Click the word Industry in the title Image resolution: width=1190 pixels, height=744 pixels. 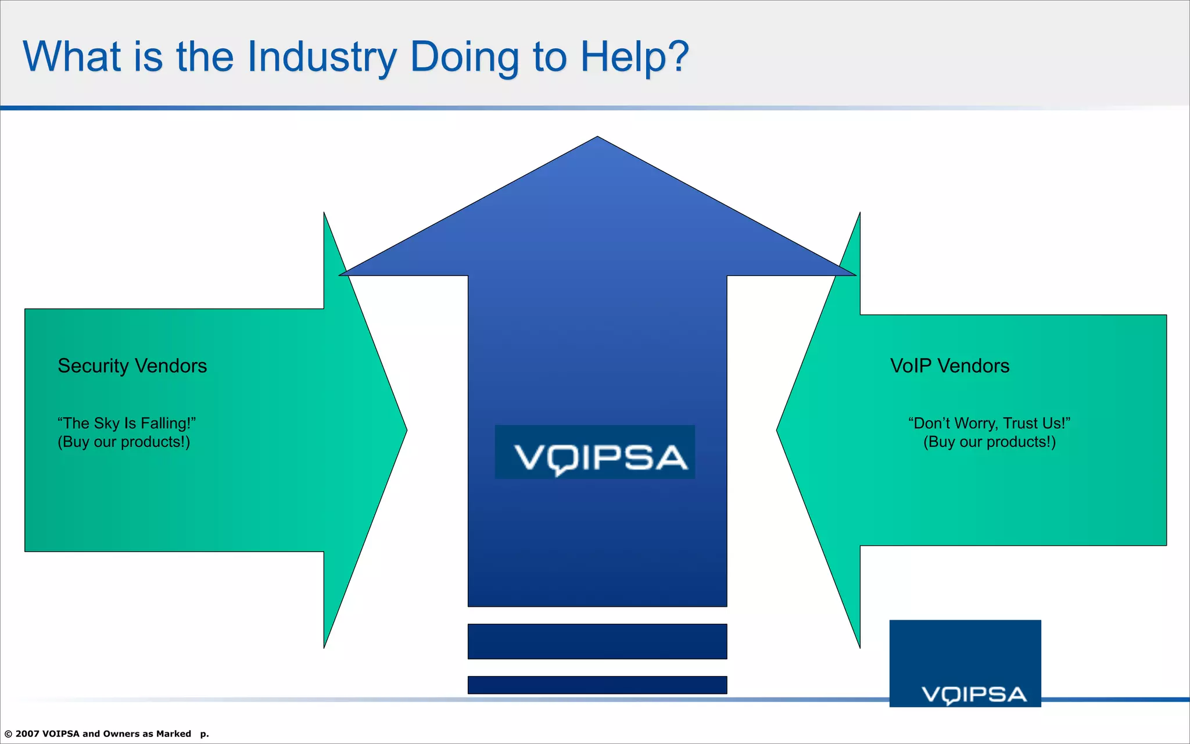[321, 58]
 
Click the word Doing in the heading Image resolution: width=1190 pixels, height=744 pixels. [464, 58]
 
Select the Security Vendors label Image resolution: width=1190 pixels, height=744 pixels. [132, 366]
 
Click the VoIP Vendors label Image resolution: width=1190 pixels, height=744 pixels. [949, 366]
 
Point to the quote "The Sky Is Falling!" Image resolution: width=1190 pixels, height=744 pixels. [127, 423]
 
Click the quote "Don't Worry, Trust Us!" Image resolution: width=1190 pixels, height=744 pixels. [989, 423]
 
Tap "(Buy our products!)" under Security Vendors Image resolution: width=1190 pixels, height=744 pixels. [124, 442]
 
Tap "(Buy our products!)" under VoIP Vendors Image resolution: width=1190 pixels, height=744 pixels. [989, 442]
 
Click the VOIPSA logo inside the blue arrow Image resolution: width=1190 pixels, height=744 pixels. [595, 453]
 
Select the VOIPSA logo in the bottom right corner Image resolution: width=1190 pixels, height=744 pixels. [965, 664]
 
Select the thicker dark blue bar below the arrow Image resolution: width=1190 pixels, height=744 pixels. [597, 642]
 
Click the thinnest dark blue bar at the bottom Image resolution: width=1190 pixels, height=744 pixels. [597, 685]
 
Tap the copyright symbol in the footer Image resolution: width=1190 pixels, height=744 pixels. [8, 734]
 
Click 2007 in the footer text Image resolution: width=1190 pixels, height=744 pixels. [27, 734]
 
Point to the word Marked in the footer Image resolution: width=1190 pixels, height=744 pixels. [173, 734]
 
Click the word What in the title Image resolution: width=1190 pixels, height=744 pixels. [71, 58]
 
